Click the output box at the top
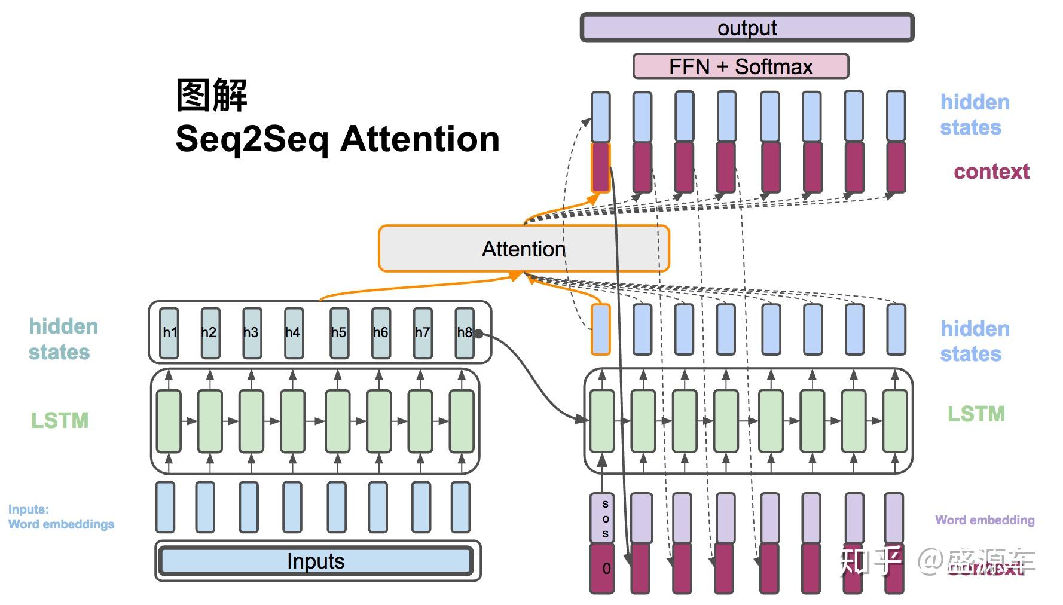tap(747, 28)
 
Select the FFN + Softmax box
tap(740, 66)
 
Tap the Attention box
tap(523, 249)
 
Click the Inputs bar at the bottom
tap(316, 561)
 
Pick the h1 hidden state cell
tap(169, 333)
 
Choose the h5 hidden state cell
tap(338, 333)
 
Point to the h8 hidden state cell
tap(464, 333)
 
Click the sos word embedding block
tap(601, 518)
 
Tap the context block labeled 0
tap(601, 568)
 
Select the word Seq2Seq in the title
tap(252, 139)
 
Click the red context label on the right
tap(991, 172)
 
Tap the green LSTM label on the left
tap(60, 421)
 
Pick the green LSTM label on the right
tap(976, 414)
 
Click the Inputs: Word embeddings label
tap(60, 517)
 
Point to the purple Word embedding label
tap(984, 520)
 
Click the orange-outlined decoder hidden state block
tap(601, 329)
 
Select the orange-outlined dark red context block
tap(600, 167)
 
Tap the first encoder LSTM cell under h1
tap(169, 421)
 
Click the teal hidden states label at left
tap(63, 339)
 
